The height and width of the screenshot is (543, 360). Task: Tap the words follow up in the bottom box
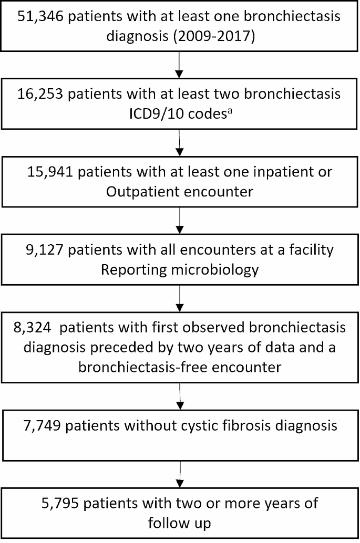(180, 523)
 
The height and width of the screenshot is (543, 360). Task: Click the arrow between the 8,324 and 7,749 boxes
(180, 394)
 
